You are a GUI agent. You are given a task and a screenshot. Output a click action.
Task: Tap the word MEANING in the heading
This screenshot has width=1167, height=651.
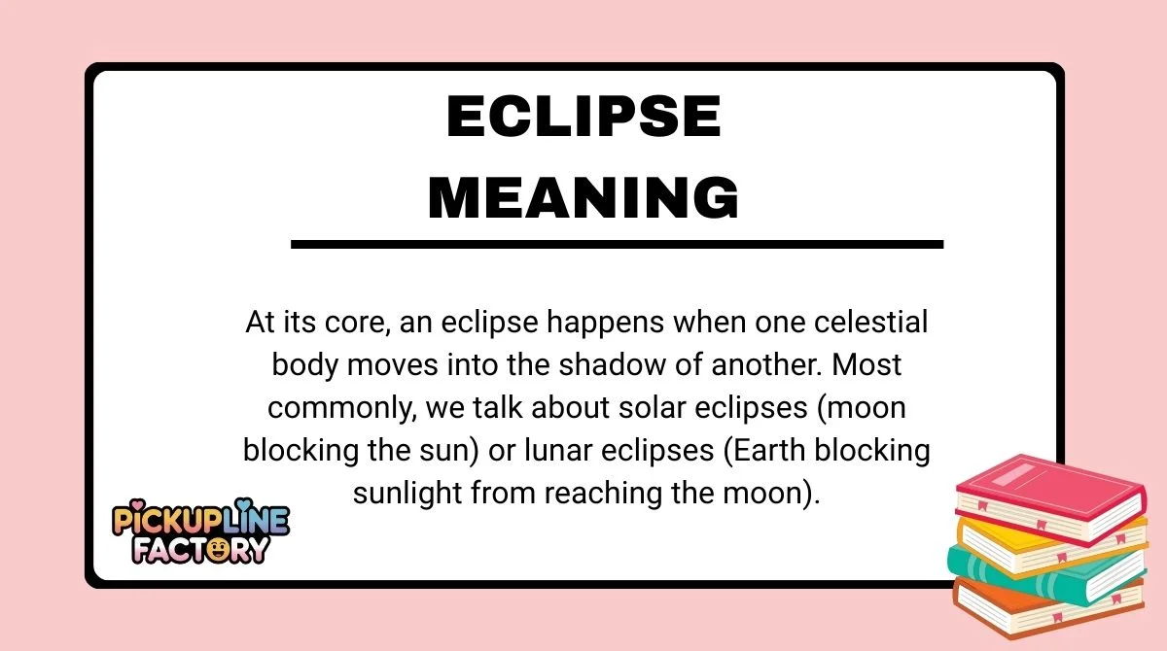click(x=583, y=197)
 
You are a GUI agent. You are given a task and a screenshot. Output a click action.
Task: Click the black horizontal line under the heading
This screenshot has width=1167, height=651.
click(x=617, y=244)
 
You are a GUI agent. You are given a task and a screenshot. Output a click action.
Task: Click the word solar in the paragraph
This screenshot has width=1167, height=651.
click(x=619, y=408)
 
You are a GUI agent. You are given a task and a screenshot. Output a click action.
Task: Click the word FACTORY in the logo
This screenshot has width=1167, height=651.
click(x=200, y=549)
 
